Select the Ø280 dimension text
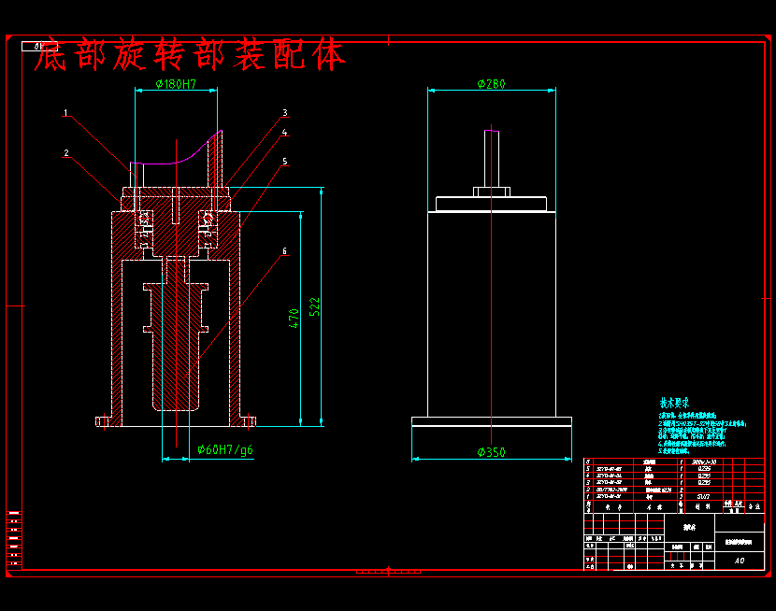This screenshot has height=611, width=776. click(491, 85)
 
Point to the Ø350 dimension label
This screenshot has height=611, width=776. click(491, 452)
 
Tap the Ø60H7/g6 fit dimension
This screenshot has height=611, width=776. click(224, 449)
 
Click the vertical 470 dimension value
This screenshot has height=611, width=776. click(295, 319)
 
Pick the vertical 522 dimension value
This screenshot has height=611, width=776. click(315, 305)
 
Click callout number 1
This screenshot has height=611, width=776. click(65, 113)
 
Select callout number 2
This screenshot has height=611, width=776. click(66, 153)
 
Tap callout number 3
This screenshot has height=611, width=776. click(284, 113)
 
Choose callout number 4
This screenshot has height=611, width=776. click(285, 134)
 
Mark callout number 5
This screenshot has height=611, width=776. click(285, 162)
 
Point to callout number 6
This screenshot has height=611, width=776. click(284, 251)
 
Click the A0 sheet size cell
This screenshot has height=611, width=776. click(739, 561)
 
